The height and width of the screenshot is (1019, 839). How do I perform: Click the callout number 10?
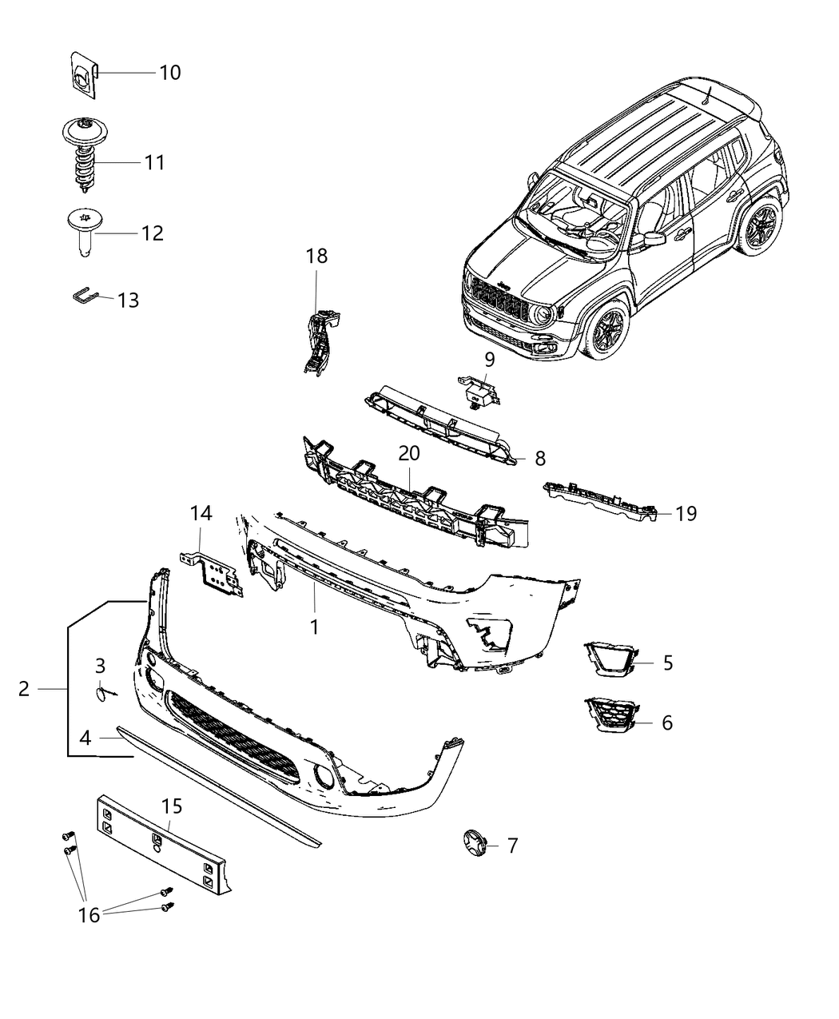(x=169, y=73)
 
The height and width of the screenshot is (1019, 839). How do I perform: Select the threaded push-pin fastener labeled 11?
(x=83, y=158)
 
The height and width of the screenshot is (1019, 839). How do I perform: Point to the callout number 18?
(x=316, y=257)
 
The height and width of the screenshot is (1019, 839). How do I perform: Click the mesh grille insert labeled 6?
(x=610, y=714)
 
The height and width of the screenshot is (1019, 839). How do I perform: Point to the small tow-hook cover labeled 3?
(x=102, y=694)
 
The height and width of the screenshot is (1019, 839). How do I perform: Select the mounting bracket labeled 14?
(x=213, y=573)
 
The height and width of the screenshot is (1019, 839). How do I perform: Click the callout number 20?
(x=408, y=453)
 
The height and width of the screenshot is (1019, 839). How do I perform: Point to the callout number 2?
(x=24, y=688)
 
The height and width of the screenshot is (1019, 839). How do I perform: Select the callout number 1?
(x=314, y=627)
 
